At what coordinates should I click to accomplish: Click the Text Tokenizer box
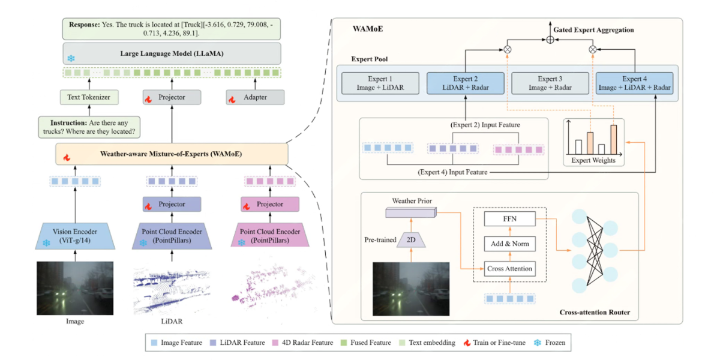pos(89,97)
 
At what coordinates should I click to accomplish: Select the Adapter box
pos(255,97)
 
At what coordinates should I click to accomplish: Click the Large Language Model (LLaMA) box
pos(172,53)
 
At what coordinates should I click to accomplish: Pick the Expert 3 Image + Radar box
pos(549,84)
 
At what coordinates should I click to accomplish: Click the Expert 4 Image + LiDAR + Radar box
pos(634,84)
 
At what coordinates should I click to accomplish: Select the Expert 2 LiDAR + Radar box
pos(466,84)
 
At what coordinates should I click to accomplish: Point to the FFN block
pos(510,220)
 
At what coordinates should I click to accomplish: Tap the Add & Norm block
pos(510,244)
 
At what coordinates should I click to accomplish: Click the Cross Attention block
pos(510,268)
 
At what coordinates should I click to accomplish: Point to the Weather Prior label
pos(412,200)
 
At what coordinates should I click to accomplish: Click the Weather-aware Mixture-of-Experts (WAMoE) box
pos(172,154)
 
